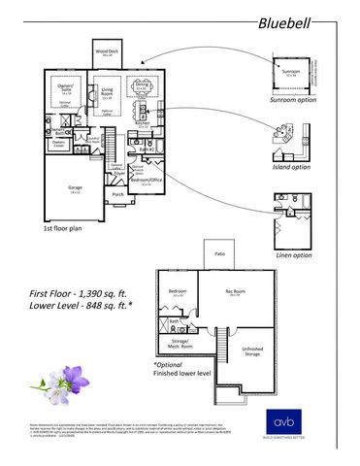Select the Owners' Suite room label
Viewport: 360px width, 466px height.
pyautogui.click(x=67, y=89)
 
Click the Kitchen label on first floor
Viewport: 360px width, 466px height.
pyautogui.click(x=142, y=124)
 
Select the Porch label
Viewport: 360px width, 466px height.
pyautogui.click(x=118, y=194)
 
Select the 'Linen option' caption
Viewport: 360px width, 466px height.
pyautogui.click(x=294, y=255)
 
